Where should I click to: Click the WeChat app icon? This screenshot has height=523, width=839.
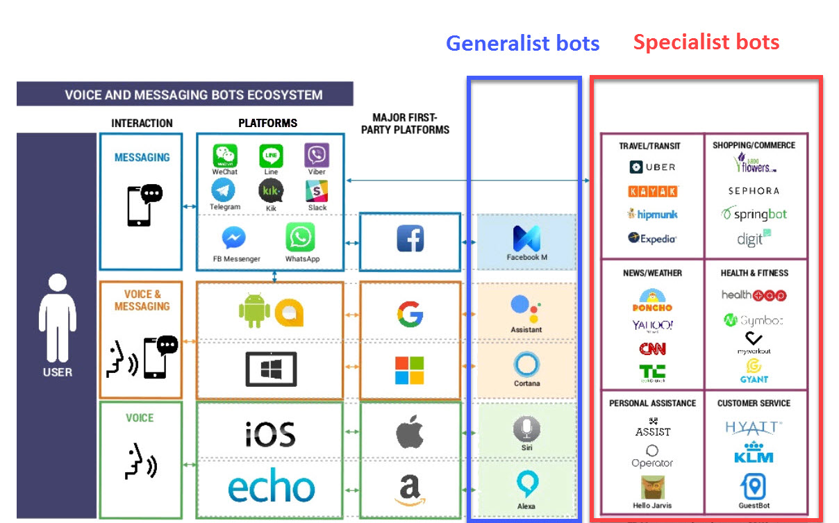click(225, 156)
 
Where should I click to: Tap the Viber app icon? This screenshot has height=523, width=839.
click(317, 156)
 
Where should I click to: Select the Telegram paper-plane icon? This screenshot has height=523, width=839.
click(224, 191)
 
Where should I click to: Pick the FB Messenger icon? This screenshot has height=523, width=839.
click(234, 238)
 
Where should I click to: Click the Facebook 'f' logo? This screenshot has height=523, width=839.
click(410, 240)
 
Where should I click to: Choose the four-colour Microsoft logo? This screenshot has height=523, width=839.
click(409, 370)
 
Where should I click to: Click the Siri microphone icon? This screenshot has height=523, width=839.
click(526, 429)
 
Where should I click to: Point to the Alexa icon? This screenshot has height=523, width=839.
click(526, 483)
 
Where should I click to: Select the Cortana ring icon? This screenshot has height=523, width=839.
click(526, 365)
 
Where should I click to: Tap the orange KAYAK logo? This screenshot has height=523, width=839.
click(652, 191)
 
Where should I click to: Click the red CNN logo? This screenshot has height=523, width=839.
click(652, 349)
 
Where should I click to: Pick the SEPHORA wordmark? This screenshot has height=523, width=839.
click(754, 190)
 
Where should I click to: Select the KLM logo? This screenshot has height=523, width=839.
click(754, 452)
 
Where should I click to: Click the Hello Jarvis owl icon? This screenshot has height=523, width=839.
click(652, 487)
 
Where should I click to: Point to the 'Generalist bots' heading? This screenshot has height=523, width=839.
click(522, 43)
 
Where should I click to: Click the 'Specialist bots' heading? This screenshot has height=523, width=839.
click(706, 42)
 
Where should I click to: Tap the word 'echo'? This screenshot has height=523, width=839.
click(271, 488)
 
